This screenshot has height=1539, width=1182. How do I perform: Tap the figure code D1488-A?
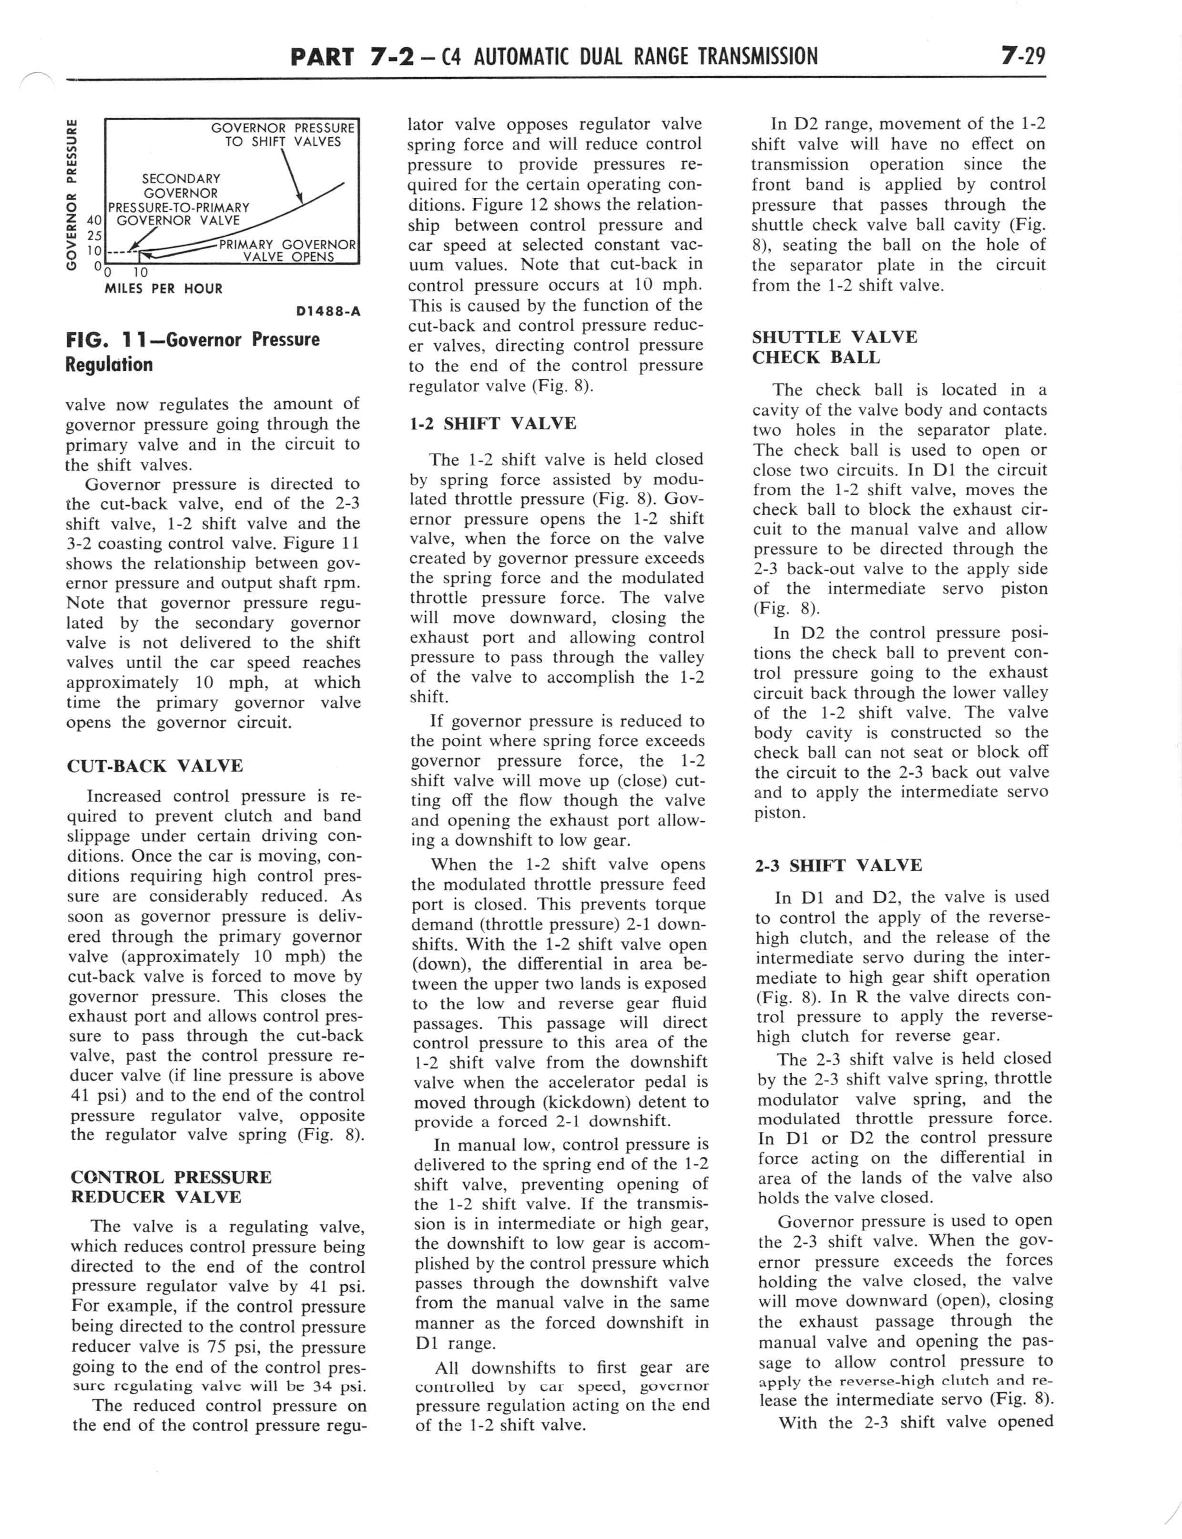click(328, 311)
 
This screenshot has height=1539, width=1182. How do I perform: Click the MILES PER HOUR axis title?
click(163, 288)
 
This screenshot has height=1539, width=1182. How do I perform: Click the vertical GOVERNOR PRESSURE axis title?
click(71, 195)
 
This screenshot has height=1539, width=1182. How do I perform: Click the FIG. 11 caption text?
click(192, 352)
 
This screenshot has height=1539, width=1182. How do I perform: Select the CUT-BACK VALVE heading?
click(155, 765)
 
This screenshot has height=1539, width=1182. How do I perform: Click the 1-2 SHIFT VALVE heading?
click(492, 423)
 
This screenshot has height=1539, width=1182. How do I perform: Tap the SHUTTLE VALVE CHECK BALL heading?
click(835, 347)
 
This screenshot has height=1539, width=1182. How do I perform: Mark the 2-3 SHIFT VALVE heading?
click(838, 865)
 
